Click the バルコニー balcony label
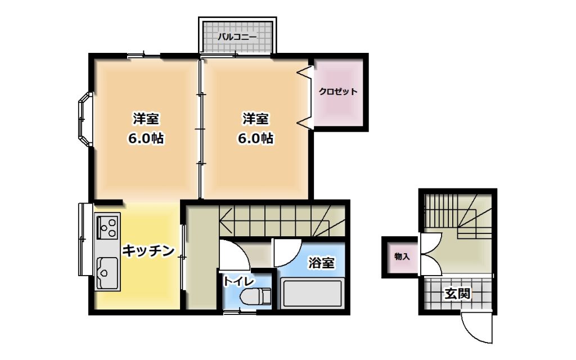point(237,37)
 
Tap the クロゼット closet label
point(338,92)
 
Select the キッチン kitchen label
point(148,251)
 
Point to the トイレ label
point(238,281)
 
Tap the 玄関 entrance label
point(457,294)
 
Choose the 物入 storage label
point(402,256)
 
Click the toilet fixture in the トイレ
point(255,296)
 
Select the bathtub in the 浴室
point(313,294)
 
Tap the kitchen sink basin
point(107,272)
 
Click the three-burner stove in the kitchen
point(108,227)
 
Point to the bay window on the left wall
point(85,119)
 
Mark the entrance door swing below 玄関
point(476,328)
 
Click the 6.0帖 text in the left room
point(146,138)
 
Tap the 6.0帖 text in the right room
point(256,138)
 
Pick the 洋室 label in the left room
point(146,119)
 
